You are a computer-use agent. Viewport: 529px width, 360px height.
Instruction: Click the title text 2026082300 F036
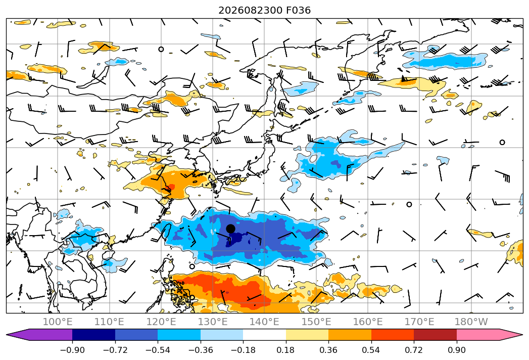(265, 11)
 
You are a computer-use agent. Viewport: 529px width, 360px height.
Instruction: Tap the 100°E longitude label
(58, 322)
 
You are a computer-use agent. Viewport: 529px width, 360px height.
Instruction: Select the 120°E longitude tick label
(161, 322)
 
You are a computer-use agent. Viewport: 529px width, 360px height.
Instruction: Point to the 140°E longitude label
(264, 322)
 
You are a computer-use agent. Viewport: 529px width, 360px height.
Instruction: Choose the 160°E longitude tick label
(368, 322)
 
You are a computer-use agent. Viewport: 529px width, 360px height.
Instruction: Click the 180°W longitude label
(471, 322)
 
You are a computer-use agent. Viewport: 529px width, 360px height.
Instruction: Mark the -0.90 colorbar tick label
(72, 350)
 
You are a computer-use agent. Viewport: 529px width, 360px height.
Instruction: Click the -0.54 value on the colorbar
(158, 350)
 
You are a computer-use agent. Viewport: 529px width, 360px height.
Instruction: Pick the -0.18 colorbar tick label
(243, 350)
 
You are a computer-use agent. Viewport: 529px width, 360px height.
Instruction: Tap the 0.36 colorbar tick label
(328, 350)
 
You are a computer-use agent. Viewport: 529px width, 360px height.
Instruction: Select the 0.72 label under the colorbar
(414, 350)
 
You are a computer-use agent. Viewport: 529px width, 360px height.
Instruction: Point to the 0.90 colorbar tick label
(456, 350)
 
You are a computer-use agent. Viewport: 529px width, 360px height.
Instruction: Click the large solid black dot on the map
(230, 229)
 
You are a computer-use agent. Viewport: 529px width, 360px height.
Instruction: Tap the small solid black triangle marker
(404, 79)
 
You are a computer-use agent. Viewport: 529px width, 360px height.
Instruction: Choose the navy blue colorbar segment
(93, 335)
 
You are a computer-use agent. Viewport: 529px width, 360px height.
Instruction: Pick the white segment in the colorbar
(265, 335)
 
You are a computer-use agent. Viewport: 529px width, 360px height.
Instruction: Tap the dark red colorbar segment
(435, 335)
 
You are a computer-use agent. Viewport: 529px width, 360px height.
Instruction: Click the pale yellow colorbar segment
(307, 335)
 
